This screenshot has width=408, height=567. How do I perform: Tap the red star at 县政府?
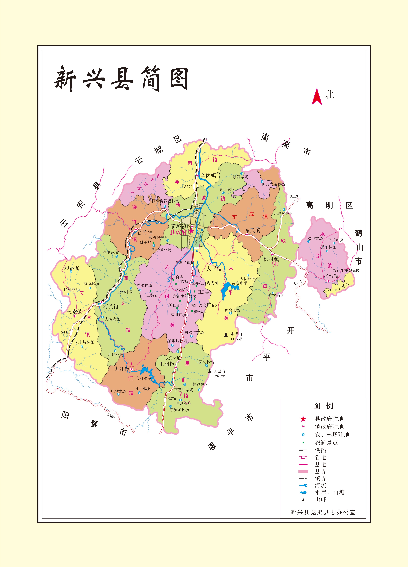click(191, 231)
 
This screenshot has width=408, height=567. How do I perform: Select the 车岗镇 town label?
click(208, 175)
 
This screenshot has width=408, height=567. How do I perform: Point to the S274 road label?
click(298, 283)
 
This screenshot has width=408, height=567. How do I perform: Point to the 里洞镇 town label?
click(167, 364)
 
